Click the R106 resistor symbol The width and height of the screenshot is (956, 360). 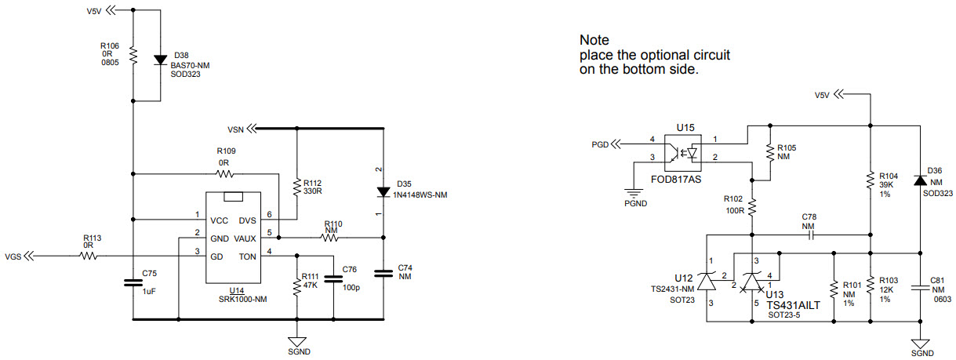point(133,56)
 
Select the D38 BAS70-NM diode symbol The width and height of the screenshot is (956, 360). point(159,60)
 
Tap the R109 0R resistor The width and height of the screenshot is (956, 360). point(225,173)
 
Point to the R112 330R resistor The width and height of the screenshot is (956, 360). point(296,187)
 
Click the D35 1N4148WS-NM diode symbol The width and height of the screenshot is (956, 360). point(383,191)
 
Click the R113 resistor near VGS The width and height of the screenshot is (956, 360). point(88,255)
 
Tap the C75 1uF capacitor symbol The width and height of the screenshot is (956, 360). point(133,282)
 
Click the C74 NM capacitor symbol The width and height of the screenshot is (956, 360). point(383,273)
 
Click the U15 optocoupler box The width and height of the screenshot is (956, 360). point(682,152)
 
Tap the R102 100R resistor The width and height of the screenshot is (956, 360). point(751,207)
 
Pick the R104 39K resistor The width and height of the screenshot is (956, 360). point(870,180)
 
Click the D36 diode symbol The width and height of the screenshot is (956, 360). point(919,180)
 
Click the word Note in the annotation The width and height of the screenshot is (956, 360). point(594,39)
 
